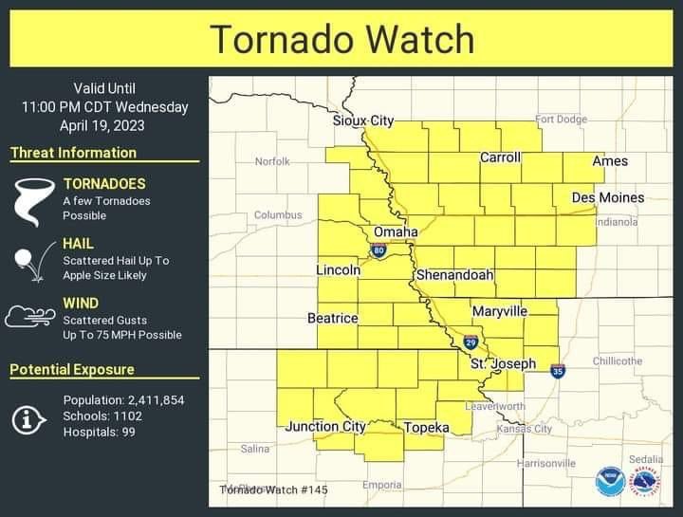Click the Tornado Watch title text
point(341,39)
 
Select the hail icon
point(32,262)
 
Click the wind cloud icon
point(30,316)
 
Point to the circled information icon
point(29,416)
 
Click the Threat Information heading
point(73,153)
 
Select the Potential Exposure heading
point(72,369)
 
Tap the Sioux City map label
point(362,120)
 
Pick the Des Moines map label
point(607,197)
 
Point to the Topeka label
point(426,428)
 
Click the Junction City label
point(325,427)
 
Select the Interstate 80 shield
point(378,251)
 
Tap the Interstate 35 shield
point(558,371)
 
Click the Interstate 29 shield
point(471,342)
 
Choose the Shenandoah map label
point(454,275)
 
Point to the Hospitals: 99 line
point(99,432)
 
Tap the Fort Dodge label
point(562,120)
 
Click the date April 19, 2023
point(104,124)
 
